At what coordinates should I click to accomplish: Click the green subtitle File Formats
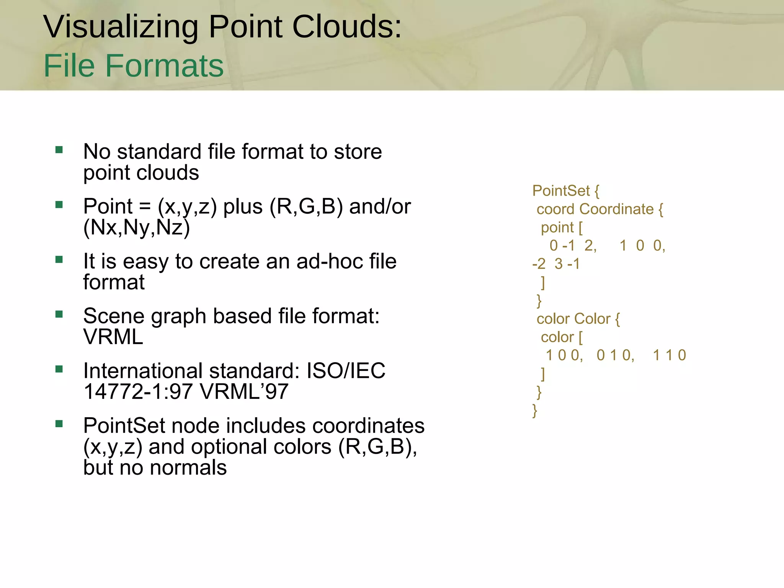click(x=134, y=66)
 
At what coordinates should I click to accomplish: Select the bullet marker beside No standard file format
click(x=59, y=150)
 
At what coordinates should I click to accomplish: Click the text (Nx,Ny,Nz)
click(x=137, y=227)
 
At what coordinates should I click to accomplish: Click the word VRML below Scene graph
click(x=113, y=337)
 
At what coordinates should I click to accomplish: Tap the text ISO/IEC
click(x=346, y=371)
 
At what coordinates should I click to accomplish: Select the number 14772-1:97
click(x=138, y=392)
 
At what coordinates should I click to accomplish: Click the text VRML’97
click(x=244, y=392)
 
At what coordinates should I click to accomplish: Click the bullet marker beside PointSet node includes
click(x=59, y=424)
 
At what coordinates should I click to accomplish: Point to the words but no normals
click(x=155, y=467)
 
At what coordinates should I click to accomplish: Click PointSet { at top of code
click(x=565, y=191)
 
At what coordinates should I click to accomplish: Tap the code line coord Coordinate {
click(x=599, y=209)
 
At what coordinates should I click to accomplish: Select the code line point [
click(x=562, y=227)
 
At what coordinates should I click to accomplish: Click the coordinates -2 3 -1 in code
click(x=556, y=264)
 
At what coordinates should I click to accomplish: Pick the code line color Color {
click(x=578, y=318)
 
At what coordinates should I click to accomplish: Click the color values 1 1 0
click(x=669, y=355)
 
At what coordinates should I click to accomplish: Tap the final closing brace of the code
click(x=535, y=410)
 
